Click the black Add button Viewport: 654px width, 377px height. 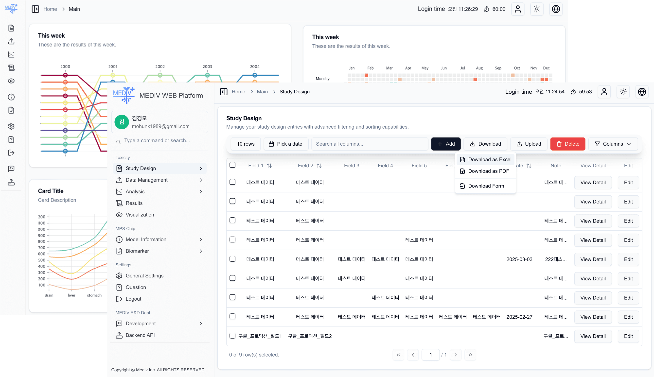[x=446, y=144]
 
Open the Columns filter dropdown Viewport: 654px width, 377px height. [x=613, y=144]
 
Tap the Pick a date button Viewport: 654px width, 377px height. [x=286, y=144]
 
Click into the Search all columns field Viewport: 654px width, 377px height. [x=370, y=144]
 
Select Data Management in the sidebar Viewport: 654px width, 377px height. [x=146, y=180]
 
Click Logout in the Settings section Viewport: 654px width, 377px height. [x=133, y=299]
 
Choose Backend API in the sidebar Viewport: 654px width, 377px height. [x=140, y=335]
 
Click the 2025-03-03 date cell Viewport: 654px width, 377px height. [x=519, y=259]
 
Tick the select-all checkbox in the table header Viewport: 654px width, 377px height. [x=232, y=165]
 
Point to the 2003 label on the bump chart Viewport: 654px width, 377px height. [x=207, y=67]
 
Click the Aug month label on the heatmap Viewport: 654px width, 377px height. [x=479, y=68]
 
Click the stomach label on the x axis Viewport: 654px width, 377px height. [x=94, y=295]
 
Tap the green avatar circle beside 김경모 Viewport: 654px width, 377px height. [x=122, y=122]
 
